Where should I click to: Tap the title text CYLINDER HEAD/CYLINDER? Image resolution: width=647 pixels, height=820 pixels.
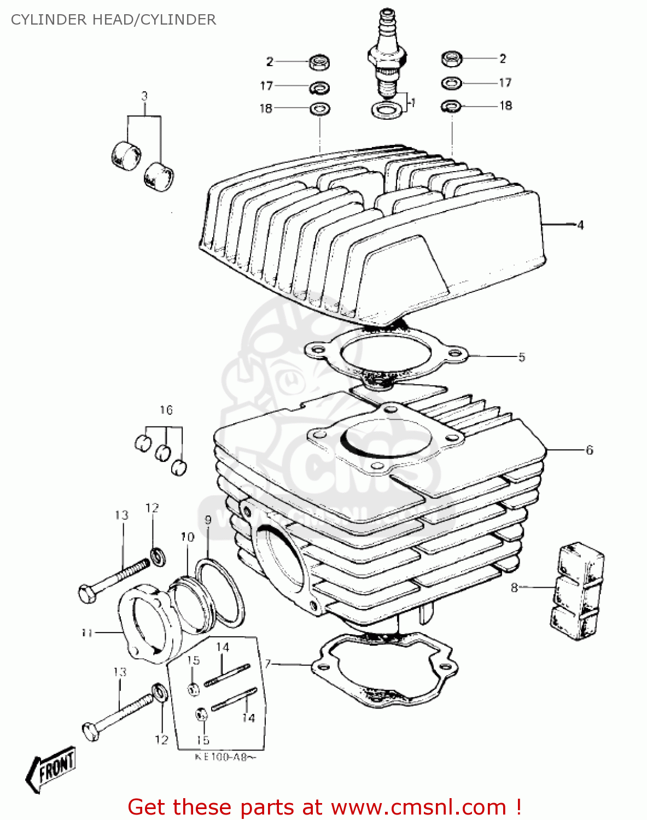(x=113, y=20)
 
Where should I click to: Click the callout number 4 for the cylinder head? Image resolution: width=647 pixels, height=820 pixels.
(x=580, y=225)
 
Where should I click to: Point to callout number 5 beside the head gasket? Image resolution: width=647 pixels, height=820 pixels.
(x=521, y=357)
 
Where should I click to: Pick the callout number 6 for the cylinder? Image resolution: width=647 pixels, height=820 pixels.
(x=589, y=450)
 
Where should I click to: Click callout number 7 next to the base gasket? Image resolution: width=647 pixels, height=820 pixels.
(x=267, y=664)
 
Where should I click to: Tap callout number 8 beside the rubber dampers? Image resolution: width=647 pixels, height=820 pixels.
(x=514, y=588)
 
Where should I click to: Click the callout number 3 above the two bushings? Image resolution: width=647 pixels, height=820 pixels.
(x=144, y=96)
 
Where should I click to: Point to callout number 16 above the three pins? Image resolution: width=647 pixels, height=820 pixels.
(x=166, y=410)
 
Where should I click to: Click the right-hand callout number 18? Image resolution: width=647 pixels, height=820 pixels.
(x=506, y=106)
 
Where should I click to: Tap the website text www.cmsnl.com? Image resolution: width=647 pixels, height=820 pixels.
(x=418, y=807)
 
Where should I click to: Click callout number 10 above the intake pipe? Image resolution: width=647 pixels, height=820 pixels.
(x=187, y=537)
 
